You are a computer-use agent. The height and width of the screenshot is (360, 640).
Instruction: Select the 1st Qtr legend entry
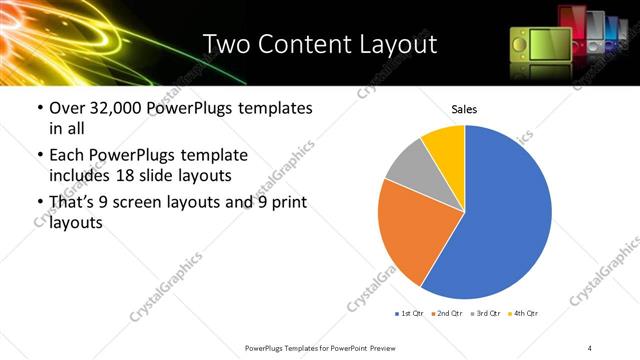[x=411, y=314]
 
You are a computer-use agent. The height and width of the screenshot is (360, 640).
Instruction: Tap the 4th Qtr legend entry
[x=524, y=314]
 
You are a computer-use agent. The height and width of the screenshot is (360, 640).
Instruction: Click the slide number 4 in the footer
[x=590, y=347]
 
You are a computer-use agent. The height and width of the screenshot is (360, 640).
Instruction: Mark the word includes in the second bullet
[x=79, y=176]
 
